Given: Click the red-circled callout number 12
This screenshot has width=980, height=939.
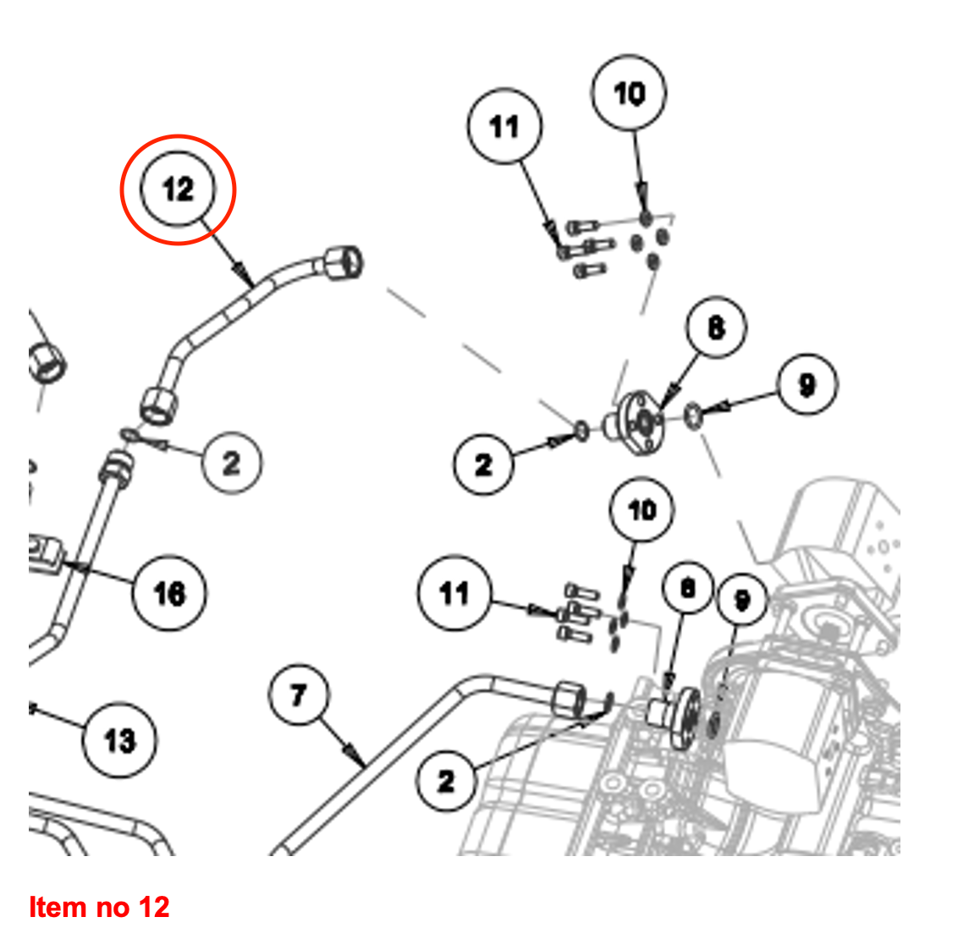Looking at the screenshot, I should tap(178, 189).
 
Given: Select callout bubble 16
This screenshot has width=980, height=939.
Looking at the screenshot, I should tap(169, 592).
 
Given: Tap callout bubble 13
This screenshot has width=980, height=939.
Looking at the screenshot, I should tap(119, 740).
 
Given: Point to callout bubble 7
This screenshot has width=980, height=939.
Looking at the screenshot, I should tap(298, 695).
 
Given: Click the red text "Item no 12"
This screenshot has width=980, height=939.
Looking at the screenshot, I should tap(99, 907).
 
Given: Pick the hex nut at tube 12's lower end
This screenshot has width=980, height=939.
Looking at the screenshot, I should tap(159, 403).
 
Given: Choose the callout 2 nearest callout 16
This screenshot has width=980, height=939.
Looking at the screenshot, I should tap(231, 462).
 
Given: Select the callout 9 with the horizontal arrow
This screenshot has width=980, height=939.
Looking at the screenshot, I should tap(807, 385).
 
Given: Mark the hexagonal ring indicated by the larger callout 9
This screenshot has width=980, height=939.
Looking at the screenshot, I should tap(692, 415).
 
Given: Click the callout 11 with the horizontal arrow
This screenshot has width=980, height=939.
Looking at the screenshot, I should tap(454, 593).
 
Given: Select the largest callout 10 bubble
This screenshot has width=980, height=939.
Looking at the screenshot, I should tap(629, 93).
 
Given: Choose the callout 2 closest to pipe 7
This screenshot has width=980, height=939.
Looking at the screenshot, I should tap(446, 781).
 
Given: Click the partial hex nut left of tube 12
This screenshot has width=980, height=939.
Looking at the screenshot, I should tap(48, 362).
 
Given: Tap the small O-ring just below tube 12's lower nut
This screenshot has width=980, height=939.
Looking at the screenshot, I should tap(129, 436).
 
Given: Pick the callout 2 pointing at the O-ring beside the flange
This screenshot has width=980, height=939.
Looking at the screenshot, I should tap(483, 464).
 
